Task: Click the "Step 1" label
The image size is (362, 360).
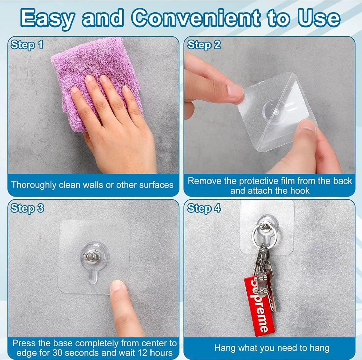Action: pos(27,45)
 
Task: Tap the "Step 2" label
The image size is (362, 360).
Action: pos(204,45)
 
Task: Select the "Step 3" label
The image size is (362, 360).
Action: pos(27,208)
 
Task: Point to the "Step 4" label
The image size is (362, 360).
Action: pos(204,208)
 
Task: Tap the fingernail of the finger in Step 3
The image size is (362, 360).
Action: pos(117,287)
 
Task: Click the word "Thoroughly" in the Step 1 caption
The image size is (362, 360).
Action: pos(34,185)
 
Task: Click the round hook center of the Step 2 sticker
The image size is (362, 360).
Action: pos(275,112)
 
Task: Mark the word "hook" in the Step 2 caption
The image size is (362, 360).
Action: pos(300,191)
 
